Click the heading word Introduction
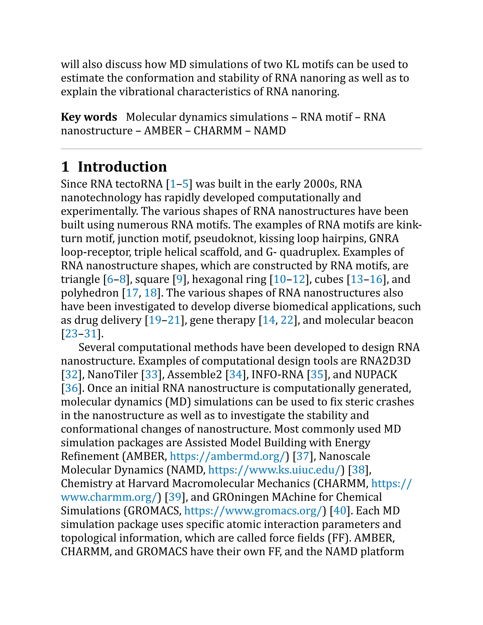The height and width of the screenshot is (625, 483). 122,167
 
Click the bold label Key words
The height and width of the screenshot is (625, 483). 89,117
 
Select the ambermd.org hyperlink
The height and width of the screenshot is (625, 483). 228,456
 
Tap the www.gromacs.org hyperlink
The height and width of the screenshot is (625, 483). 253,511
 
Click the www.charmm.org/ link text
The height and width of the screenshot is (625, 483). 109,497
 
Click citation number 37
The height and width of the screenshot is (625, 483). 303,456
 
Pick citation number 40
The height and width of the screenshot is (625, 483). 340,511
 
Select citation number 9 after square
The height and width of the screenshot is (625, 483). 179,279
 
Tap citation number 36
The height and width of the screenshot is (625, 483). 71,388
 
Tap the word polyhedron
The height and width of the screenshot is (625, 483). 90,293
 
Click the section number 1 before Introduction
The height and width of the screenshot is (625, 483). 65,167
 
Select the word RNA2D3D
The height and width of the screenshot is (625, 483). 385,361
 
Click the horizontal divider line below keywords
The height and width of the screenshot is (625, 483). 241,149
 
